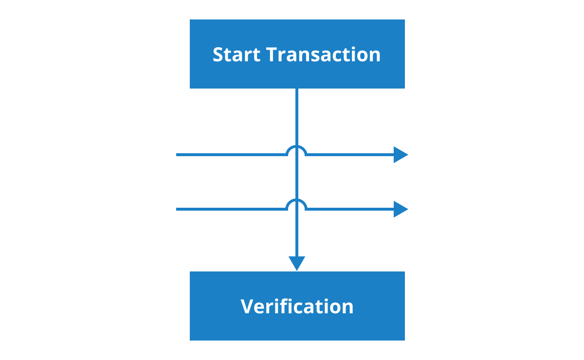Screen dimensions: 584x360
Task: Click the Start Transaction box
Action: tap(297, 54)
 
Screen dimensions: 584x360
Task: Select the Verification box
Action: tap(297, 306)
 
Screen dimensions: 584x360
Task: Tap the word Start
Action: tap(237, 54)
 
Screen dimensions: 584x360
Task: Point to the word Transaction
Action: tap(323, 54)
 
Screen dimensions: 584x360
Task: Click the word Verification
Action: tap(297, 306)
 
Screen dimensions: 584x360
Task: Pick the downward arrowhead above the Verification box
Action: tap(297, 264)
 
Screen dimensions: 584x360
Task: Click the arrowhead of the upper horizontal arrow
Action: tap(401, 155)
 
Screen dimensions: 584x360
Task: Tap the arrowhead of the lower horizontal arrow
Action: tap(401, 209)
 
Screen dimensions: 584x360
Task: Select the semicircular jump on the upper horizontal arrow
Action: tap(296, 150)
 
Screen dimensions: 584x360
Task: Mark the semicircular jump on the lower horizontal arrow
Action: tap(296, 205)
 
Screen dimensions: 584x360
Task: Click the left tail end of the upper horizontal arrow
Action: tap(177, 155)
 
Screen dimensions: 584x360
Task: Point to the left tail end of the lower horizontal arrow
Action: tap(177, 209)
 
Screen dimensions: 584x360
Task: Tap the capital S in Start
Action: tap(218, 55)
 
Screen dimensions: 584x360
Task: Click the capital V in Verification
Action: tap(247, 306)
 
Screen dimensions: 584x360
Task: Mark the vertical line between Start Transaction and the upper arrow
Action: tap(297, 117)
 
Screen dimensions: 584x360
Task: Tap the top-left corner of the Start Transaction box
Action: tap(190, 19)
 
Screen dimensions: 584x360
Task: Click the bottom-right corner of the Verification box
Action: tap(405, 341)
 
